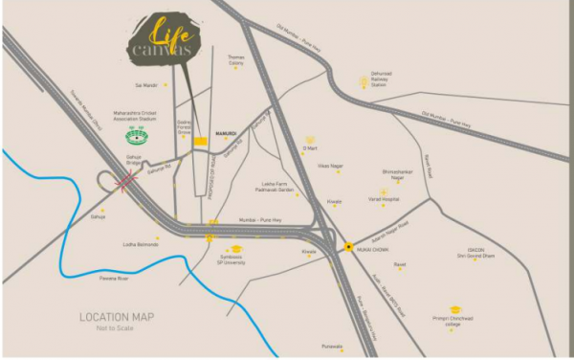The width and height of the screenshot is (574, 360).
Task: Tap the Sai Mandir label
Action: pyautogui.click(x=145, y=84)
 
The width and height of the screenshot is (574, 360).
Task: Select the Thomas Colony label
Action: pyautogui.click(x=235, y=60)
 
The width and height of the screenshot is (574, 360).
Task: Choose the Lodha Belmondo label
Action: pyautogui.click(x=141, y=244)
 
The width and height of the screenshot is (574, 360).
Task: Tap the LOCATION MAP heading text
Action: pyautogui.click(x=116, y=317)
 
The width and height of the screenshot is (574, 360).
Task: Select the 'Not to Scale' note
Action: pyautogui.click(x=116, y=328)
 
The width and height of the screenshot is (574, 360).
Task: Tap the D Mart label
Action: pyautogui.click(x=309, y=148)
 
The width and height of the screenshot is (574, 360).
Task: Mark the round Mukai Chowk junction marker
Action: pyautogui.click(x=348, y=247)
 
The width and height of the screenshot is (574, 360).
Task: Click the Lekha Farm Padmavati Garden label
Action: pyautogui.click(x=279, y=188)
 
